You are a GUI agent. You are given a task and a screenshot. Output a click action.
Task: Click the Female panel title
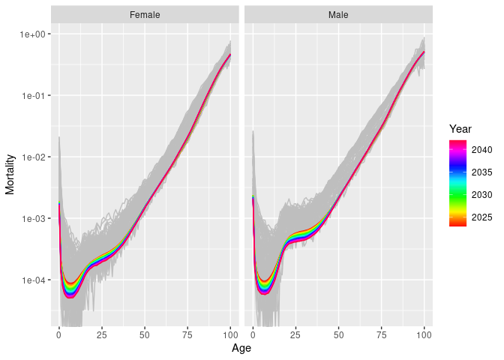144,14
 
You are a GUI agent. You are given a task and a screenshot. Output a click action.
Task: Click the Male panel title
338,14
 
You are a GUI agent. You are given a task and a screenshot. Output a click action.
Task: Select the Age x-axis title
241,349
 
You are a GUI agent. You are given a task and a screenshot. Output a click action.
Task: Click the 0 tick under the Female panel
58,334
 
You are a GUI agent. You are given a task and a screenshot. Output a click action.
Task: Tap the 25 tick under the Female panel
102,334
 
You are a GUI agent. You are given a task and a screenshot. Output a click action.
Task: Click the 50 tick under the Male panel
339,334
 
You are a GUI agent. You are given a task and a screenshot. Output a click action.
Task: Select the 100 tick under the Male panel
424,334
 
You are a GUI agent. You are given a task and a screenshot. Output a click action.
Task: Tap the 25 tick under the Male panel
296,334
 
